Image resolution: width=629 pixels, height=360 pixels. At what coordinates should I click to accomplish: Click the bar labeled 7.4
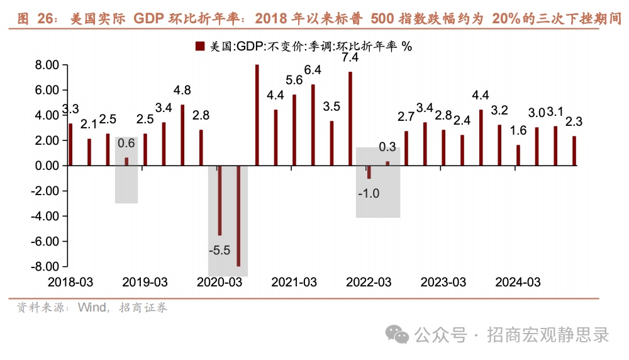(350, 118)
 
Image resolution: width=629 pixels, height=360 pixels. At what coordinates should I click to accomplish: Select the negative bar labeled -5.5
(220, 200)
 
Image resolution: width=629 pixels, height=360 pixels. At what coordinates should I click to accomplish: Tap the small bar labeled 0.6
(126, 161)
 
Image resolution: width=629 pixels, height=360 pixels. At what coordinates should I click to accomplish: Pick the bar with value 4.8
(182, 135)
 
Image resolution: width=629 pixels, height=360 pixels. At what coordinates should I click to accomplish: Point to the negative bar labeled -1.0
(369, 172)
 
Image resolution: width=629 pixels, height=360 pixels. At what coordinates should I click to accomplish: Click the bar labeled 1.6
(518, 155)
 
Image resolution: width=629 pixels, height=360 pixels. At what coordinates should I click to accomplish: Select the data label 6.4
(313, 70)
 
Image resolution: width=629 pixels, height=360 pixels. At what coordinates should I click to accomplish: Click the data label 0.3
(387, 147)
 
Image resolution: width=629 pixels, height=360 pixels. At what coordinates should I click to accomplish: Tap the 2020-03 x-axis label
(220, 282)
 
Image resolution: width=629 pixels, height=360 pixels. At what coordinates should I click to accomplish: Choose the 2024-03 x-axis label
(518, 282)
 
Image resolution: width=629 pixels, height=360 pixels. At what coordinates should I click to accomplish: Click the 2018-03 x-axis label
(70, 282)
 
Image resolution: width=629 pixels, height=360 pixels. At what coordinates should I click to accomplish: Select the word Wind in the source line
(92, 308)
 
